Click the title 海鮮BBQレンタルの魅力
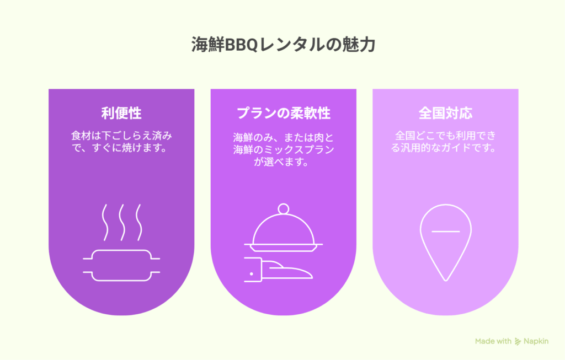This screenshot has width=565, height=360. click(283, 45)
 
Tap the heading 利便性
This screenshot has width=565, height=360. click(121, 113)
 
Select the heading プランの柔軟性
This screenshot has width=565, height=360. click(283, 113)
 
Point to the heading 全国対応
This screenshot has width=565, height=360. click(445, 113)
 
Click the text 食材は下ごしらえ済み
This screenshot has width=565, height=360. click(121, 136)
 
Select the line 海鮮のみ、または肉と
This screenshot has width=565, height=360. click(283, 137)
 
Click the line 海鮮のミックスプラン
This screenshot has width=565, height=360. click(283, 149)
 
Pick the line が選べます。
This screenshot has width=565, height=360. click(281, 162)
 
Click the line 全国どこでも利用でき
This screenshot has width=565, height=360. click(445, 136)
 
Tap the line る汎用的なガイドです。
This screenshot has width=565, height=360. click(444, 148)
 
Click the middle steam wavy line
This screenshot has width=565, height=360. click(122, 223)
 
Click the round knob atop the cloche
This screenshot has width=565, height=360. click(284, 209)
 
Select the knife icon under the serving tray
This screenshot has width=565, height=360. click(278, 270)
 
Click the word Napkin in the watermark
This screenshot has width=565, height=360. click(536, 341)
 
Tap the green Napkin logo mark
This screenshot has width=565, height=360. click(518, 341)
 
